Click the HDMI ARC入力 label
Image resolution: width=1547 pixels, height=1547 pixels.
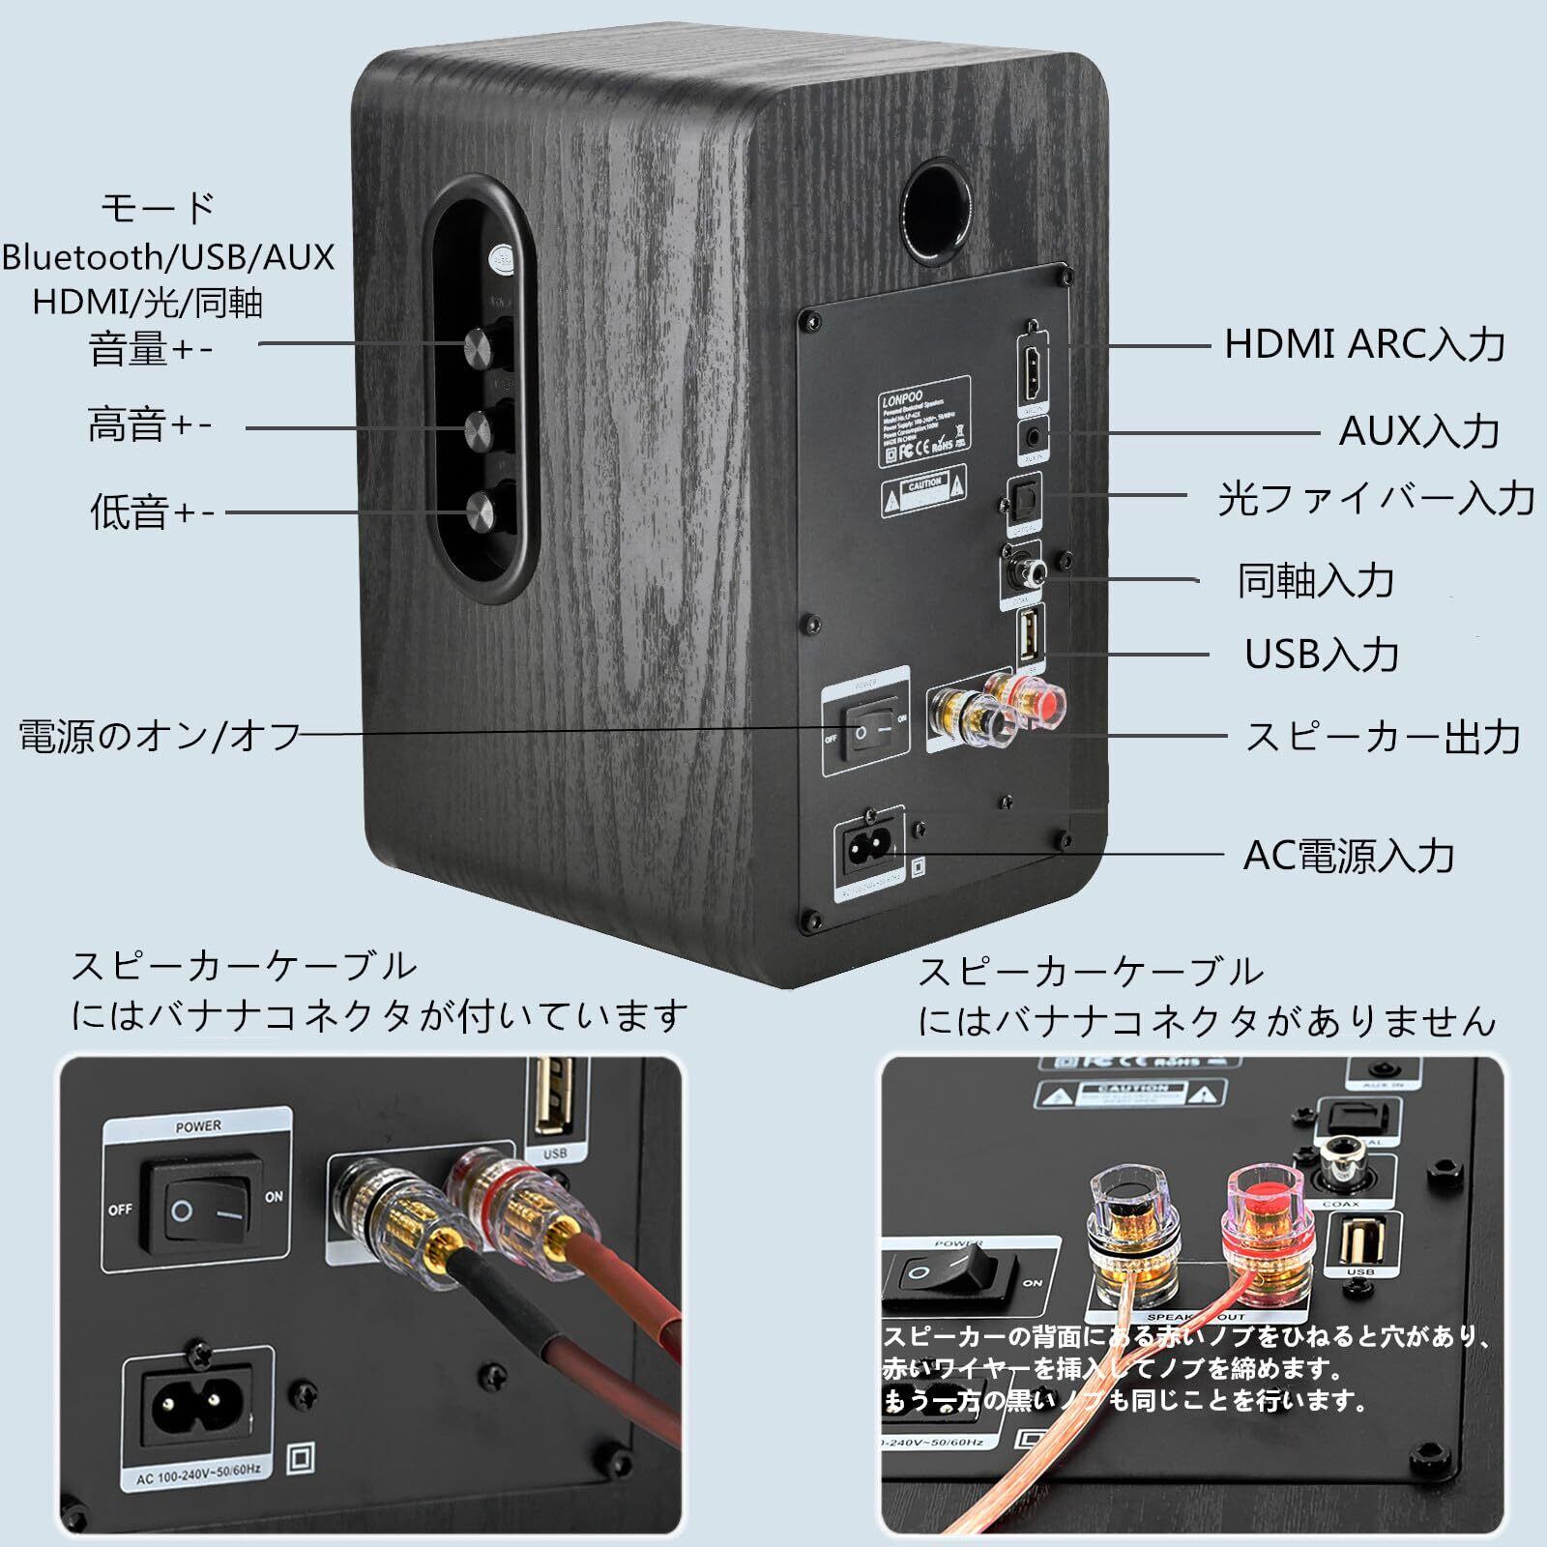point(1364,344)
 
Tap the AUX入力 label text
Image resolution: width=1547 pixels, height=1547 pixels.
point(1418,431)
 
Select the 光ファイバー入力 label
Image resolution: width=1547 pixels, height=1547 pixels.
point(1376,498)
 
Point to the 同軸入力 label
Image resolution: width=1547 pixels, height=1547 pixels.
point(1316,580)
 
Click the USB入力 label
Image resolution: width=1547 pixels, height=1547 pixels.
point(1322,655)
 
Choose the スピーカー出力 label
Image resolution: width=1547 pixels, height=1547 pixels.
point(1383,737)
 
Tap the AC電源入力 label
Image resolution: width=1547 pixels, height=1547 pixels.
point(1349,856)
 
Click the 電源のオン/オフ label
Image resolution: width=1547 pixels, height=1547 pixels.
point(161,737)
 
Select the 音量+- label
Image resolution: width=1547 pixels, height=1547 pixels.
point(150,348)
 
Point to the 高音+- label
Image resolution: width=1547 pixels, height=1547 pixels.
point(150,425)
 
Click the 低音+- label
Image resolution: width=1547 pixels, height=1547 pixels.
point(152,512)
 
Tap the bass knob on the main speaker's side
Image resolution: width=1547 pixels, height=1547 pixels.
point(481,510)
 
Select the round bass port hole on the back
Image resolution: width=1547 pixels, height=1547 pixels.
point(937,211)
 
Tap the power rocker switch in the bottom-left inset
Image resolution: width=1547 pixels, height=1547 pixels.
point(200,1210)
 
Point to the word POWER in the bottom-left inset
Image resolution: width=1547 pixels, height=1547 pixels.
point(198,1126)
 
